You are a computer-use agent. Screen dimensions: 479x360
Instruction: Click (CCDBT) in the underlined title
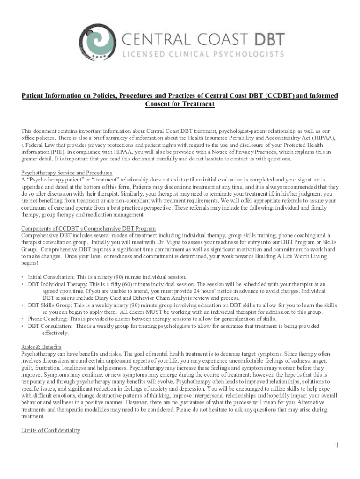[275, 96]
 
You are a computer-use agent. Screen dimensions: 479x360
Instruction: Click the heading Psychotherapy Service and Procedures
[66, 173]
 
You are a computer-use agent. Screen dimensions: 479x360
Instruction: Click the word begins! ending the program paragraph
[30, 263]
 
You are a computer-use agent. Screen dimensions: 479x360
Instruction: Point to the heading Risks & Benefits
[41, 347]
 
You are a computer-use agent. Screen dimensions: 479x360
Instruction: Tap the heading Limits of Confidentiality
[50, 430]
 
